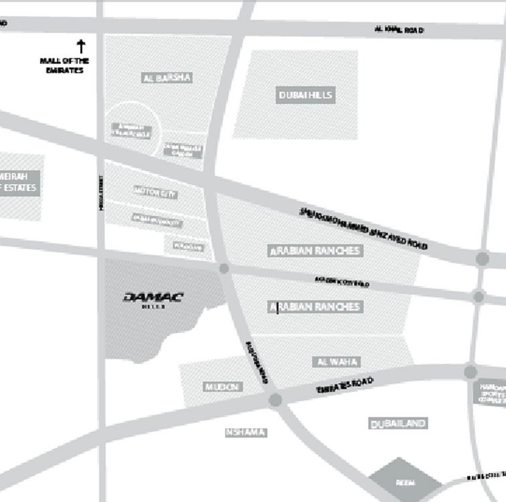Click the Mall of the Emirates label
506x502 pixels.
coord(64,65)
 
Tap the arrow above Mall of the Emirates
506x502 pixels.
coord(81,46)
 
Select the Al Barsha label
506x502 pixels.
coord(167,78)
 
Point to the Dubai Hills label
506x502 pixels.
coord(305,95)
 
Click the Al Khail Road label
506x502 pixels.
coord(399,30)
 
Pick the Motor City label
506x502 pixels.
coord(156,192)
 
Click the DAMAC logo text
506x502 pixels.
coord(153,297)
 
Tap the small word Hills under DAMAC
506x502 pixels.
coord(153,306)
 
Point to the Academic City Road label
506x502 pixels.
coord(342,282)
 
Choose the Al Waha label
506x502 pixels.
coord(337,362)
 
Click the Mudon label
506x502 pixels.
coord(222,387)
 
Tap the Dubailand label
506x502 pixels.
coord(398,423)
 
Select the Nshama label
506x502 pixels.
coord(246,433)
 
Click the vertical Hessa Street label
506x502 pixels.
coord(101,193)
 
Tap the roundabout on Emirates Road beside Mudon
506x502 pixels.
coord(275,400)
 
